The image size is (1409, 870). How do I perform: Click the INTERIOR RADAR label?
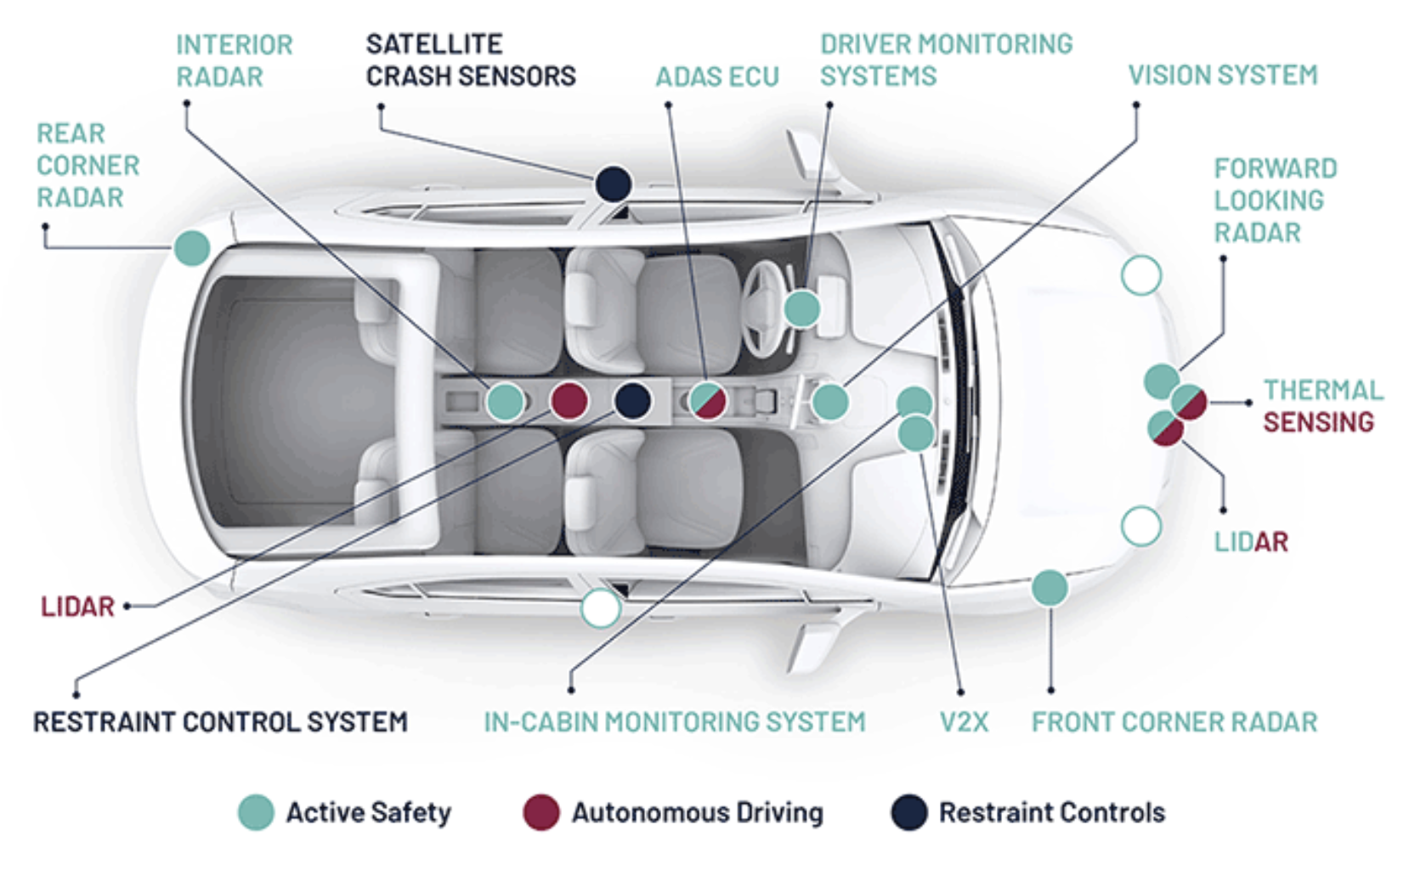234,60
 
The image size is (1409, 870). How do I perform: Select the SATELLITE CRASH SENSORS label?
470,60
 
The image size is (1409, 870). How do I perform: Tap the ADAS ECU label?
716,77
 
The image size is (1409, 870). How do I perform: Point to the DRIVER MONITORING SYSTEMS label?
946,60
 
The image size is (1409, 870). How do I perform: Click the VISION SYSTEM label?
1222,76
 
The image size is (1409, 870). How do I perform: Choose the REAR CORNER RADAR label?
88,166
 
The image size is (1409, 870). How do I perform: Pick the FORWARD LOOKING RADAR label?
1275,201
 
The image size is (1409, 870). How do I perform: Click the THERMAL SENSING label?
1322,406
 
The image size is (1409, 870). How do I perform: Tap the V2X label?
964,722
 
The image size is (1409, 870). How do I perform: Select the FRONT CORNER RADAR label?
1174,722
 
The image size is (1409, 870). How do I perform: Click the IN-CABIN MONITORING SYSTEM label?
674,722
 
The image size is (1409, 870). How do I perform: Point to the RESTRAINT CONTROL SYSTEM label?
220,722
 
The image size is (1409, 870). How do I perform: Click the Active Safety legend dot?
256,812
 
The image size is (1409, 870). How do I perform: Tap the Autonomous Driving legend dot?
540,812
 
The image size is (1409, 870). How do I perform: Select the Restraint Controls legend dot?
908,812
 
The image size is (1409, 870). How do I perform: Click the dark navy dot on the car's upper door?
613,184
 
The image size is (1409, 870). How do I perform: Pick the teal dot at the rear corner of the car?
192,248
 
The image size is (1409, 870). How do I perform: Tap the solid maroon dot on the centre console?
569,400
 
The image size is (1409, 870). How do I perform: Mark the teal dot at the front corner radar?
1050,588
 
